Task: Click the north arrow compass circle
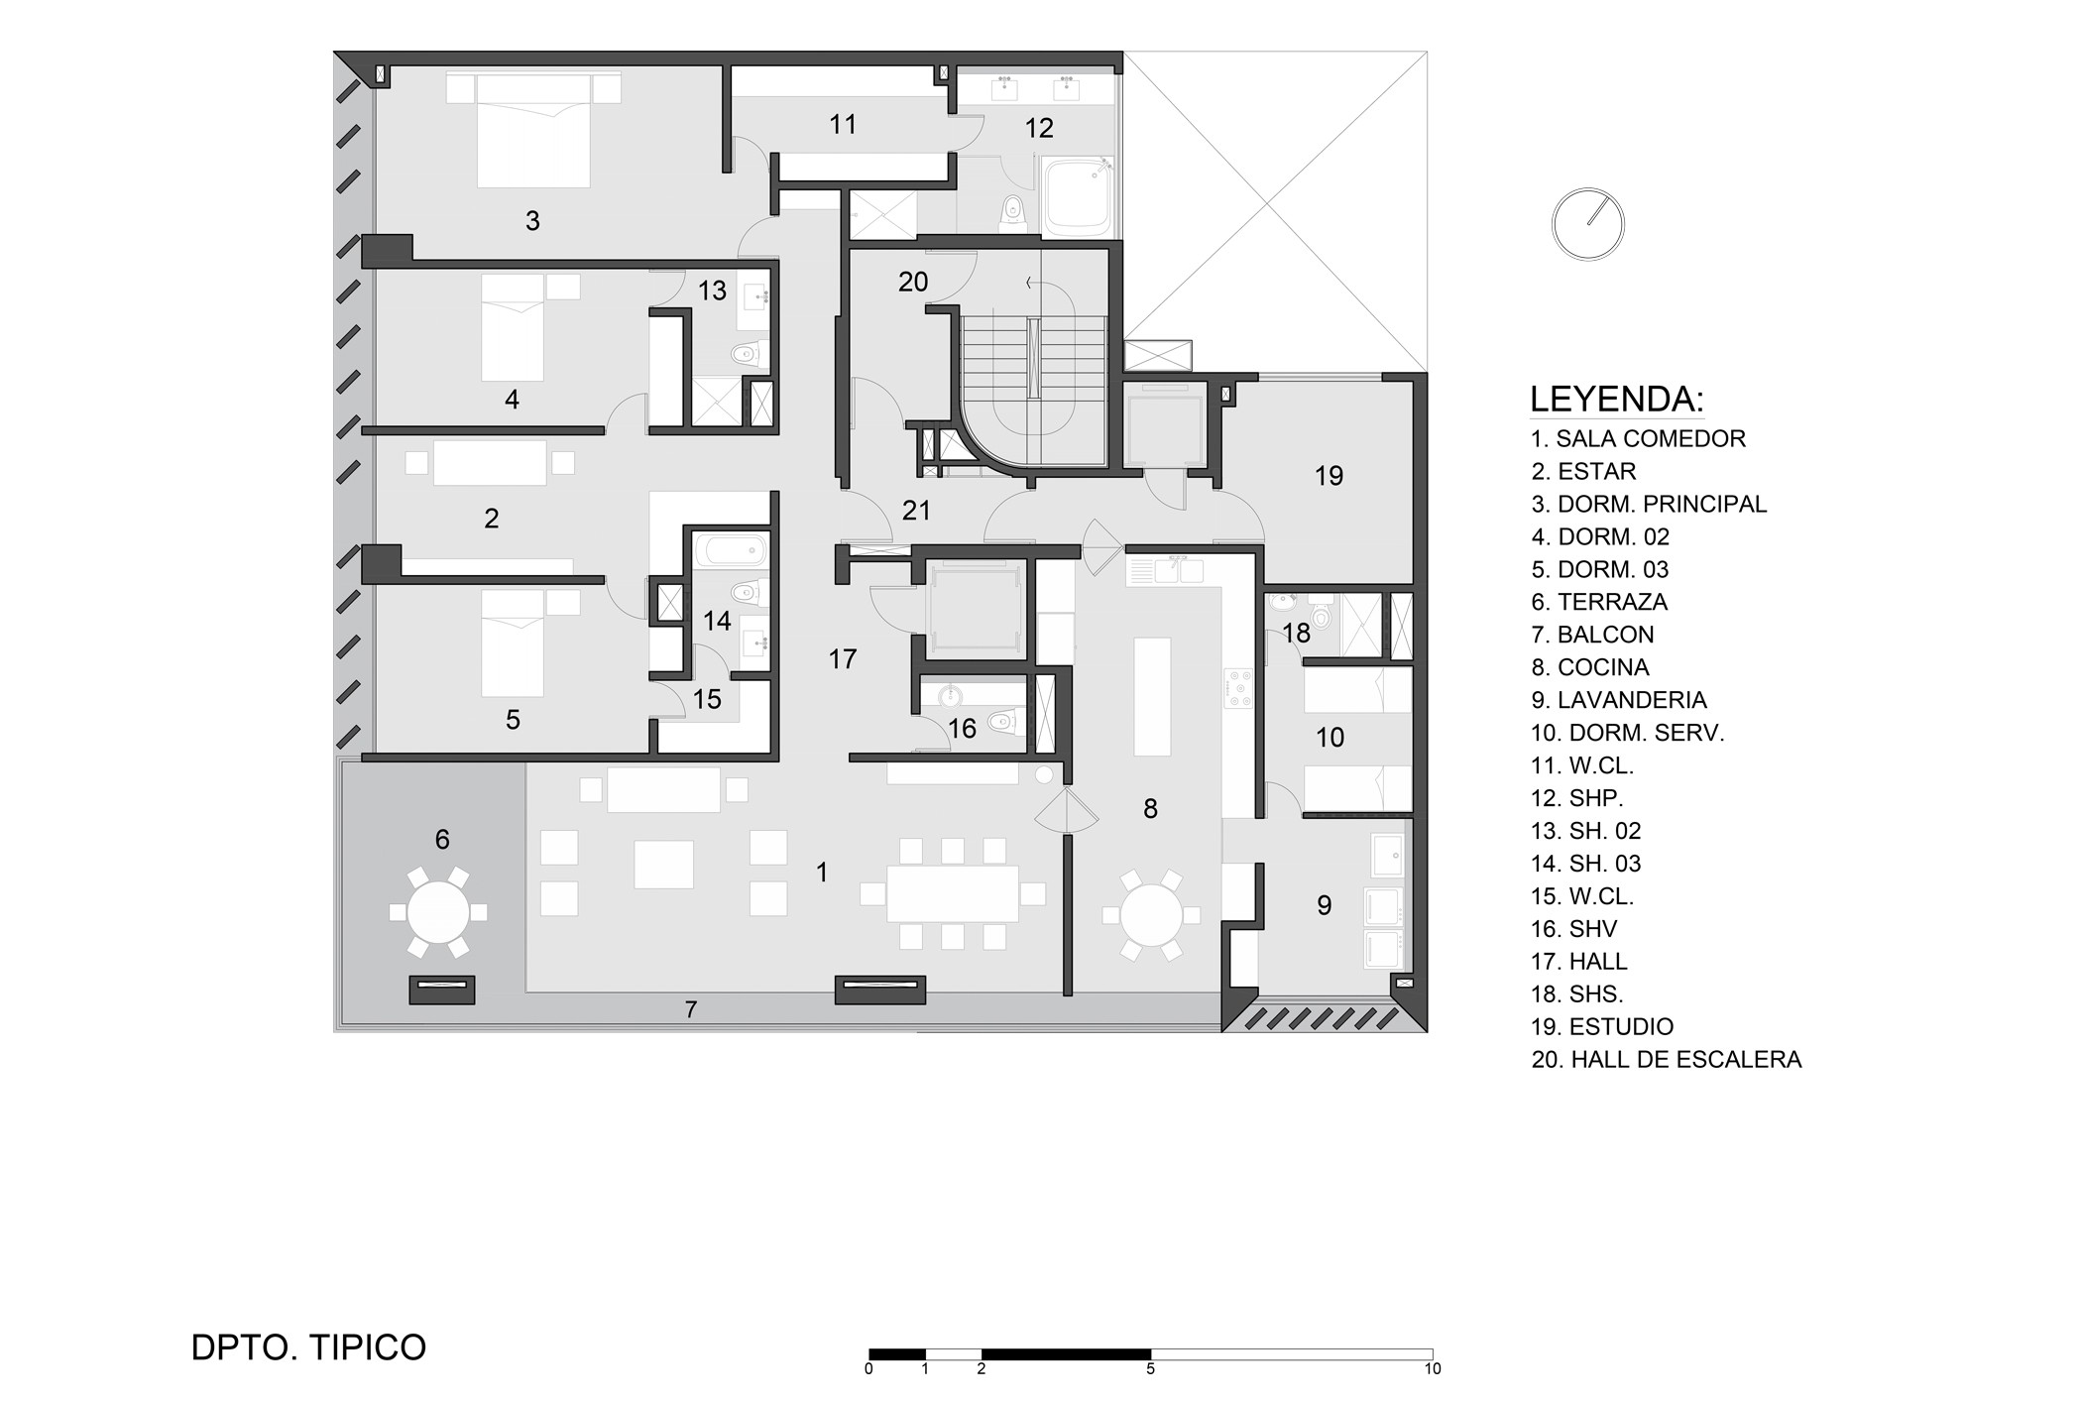coord(1587,224)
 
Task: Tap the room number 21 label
coord(916,511)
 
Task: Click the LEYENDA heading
coord(1616,400)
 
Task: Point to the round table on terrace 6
coord(438,912)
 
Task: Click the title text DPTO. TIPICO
coord(308,1347)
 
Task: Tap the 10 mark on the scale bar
coord(1433,1369)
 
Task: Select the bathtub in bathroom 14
coord(730,550)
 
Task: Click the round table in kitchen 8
coord(1151,915)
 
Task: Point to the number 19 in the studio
coord(1329,476)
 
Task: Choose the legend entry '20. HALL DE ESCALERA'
coord(1666,1060)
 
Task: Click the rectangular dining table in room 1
coord(953,893)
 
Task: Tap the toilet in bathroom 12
coord(1012,209)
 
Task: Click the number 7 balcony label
coord(691,1010)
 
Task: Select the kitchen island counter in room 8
coord(1152,696)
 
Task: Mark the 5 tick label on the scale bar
coord(1150,1369)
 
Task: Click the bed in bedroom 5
coord(513,643)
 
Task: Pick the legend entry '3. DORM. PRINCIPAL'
coord(1649,504)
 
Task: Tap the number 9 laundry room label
coord(1324,905)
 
